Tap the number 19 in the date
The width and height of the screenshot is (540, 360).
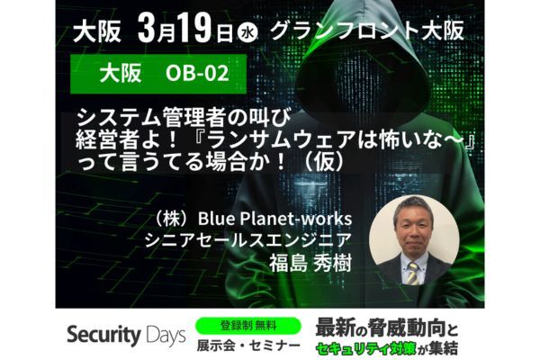click(194, 30)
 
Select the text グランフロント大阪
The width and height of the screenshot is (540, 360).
click(367, 30)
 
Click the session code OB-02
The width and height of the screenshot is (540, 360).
click(197, 73)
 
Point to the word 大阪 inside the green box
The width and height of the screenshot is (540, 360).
click(121, 74)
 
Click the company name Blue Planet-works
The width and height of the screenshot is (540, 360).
click(274, 219)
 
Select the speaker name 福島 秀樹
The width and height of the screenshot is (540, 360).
click(310, 263)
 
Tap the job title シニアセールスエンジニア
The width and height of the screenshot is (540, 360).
click(248, 241)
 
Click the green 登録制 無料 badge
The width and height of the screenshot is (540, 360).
click(248, 326)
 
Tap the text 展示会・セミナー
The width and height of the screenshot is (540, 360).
click(248, 346)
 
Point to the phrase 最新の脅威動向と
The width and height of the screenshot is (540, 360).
click(387, 328)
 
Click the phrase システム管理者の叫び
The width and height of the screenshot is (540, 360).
click(184, 118)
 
